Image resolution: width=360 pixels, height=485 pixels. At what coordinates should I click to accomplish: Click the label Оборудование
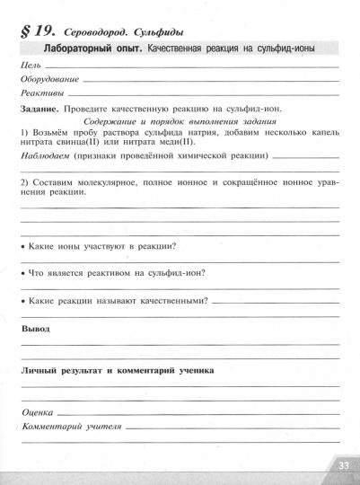point(48,80)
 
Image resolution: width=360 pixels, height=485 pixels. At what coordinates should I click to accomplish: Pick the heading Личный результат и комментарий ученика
point(117,369)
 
